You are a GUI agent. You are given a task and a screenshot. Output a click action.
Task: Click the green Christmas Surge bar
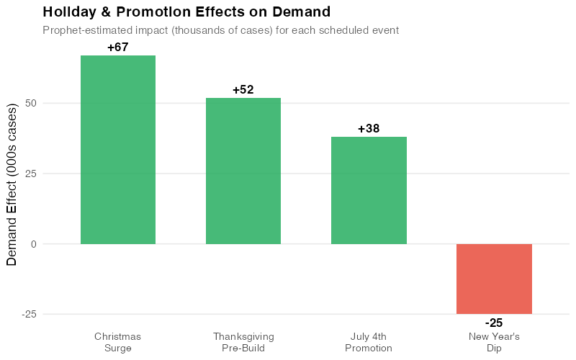coord(117,150)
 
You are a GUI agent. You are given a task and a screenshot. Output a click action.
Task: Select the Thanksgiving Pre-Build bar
coord(243,171)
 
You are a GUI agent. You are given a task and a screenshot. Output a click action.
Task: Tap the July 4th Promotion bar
coord(369,190)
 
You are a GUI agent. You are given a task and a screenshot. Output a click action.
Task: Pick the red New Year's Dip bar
coord(494,279)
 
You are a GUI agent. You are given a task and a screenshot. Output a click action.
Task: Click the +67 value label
coord(117,48)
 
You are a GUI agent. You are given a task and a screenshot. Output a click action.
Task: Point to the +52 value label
coord(243,90)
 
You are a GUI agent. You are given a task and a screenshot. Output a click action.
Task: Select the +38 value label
coord(369,129)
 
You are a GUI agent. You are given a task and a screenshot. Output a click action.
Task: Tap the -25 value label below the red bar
coord(494,323)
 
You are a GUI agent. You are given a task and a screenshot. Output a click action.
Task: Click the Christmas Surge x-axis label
coord(117,342)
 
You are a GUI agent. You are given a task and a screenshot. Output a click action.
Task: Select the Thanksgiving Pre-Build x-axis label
coord(243,342)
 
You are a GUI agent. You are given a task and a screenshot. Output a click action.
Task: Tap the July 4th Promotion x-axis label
coord(369,342)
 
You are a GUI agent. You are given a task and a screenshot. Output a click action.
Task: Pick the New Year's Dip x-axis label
coord(494,342)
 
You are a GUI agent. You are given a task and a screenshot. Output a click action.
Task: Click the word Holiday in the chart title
coord(69,12)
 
